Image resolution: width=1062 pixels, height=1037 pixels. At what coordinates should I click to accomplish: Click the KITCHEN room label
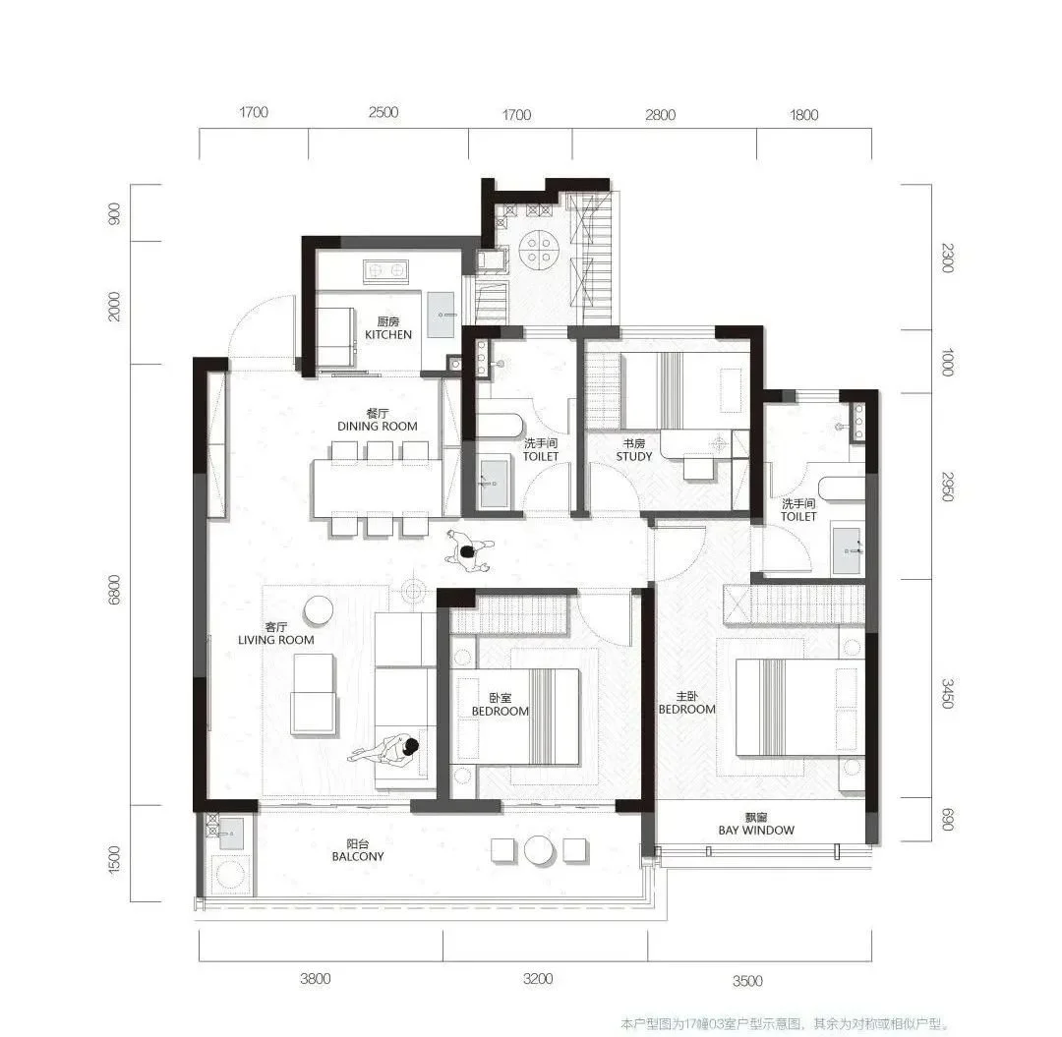388,334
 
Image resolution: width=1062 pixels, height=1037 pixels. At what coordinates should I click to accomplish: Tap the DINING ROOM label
378,426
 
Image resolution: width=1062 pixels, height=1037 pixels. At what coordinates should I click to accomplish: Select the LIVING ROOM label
275,640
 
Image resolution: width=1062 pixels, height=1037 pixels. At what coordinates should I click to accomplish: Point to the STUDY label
634,456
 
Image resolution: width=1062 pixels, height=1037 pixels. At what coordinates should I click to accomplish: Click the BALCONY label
358,856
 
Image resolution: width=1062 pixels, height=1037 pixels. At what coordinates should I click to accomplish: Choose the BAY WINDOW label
756,830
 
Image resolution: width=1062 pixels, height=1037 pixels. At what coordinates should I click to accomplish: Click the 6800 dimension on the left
114,590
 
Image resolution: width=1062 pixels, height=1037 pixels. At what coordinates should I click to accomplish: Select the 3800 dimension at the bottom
315,978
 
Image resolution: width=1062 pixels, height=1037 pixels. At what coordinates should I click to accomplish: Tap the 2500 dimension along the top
383,112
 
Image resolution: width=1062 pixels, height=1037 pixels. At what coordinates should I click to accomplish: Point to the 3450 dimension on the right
948,694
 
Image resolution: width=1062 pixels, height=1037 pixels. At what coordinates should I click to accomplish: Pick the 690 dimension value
947,821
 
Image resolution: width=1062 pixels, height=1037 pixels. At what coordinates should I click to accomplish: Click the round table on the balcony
540,850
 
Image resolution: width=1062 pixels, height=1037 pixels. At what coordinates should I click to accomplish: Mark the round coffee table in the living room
318,609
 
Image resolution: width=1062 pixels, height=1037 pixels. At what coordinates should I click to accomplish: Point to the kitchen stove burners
384,270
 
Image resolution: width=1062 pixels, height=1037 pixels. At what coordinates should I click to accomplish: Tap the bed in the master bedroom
786,707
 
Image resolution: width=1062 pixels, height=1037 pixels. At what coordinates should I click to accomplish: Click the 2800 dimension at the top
661,115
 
